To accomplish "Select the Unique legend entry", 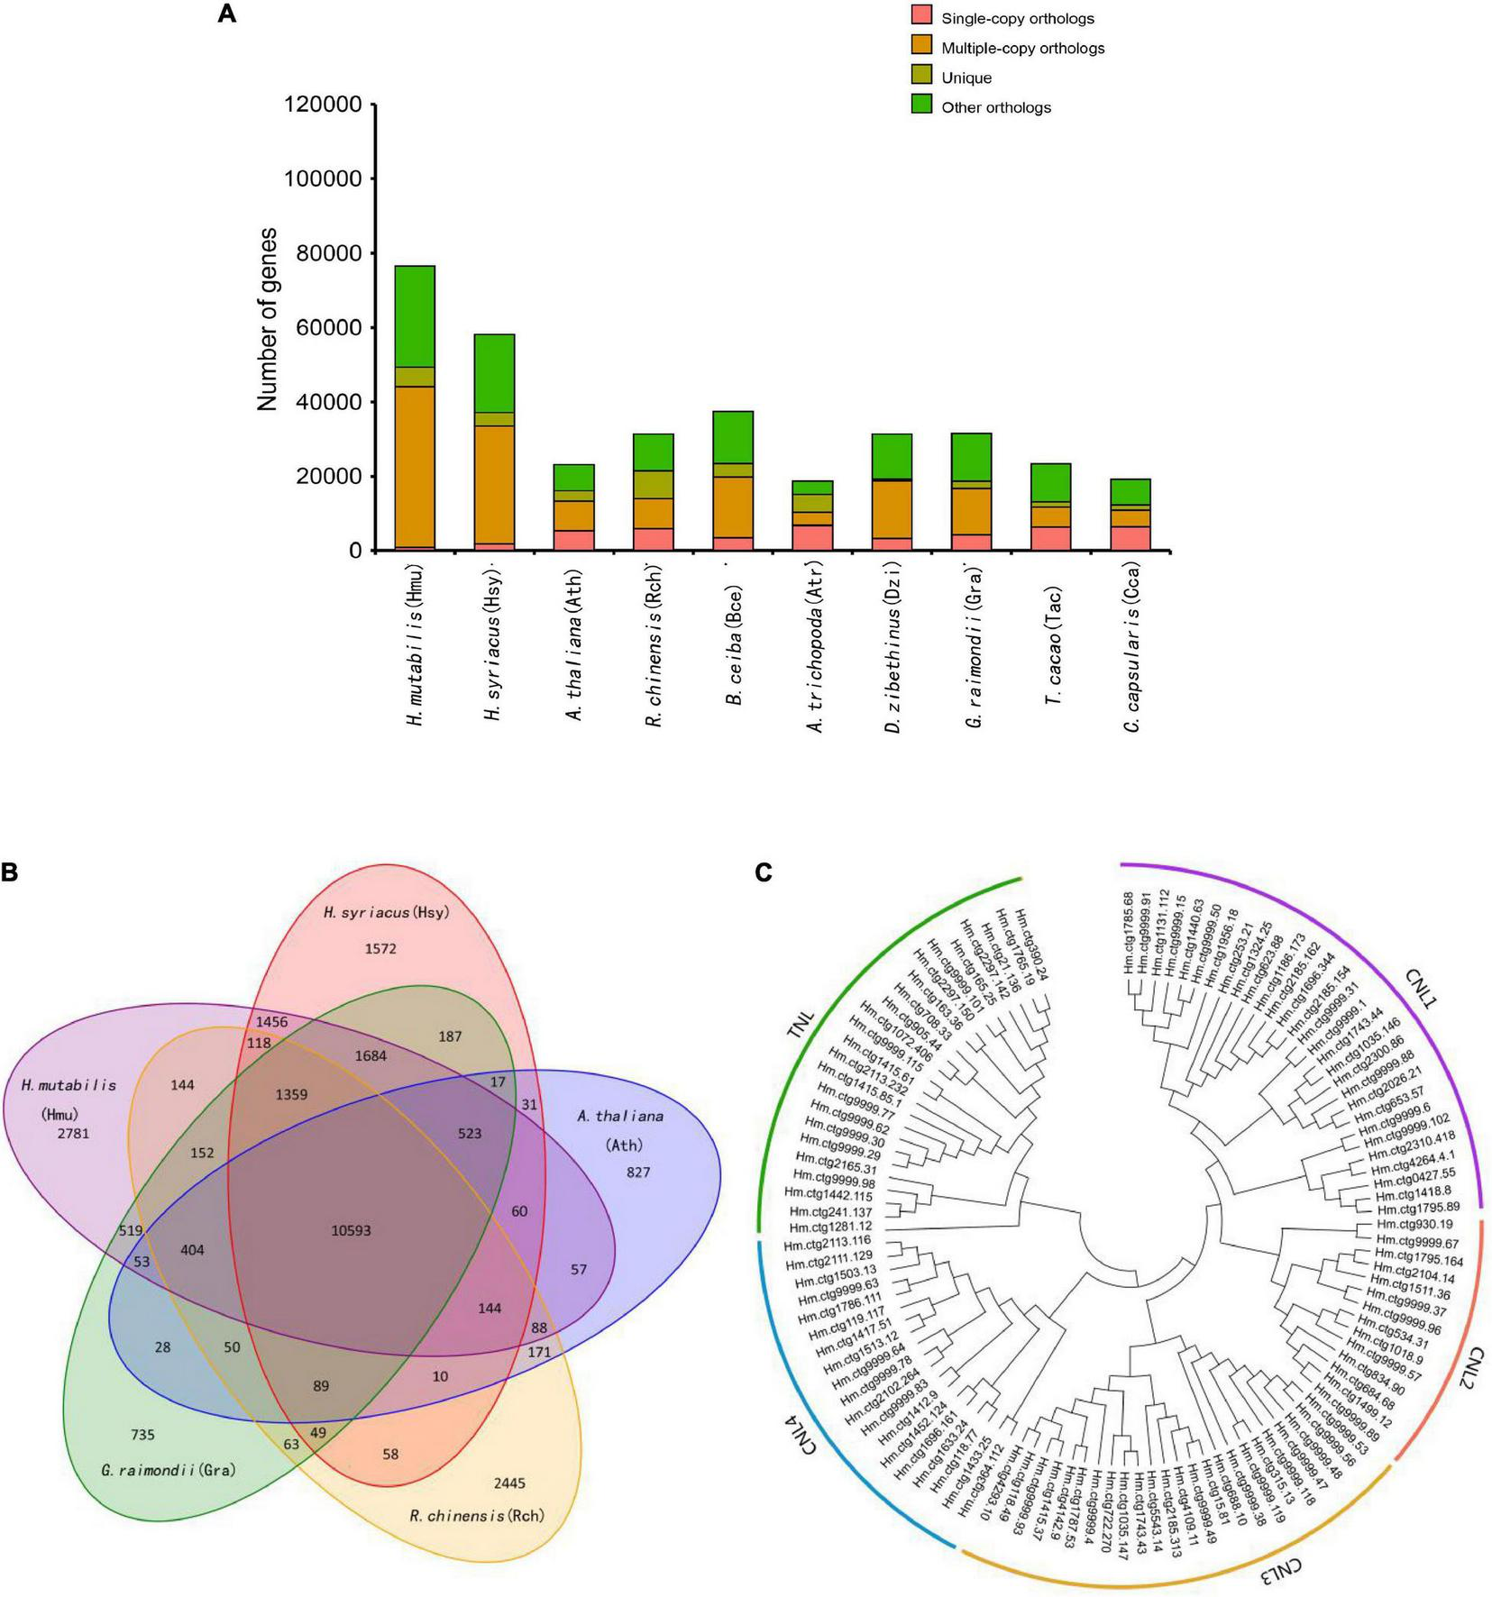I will coord(966,78).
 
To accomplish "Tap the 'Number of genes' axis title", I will coord(268,320).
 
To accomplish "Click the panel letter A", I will coord(226,15).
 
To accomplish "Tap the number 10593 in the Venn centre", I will coord(351,1230).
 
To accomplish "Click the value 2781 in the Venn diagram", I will coord(73,1134).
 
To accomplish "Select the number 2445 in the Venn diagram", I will coord(509,1483).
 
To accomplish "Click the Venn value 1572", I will coord(380,948).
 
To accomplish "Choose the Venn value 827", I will coord(638,1173).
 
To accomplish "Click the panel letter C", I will coord(763,872).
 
